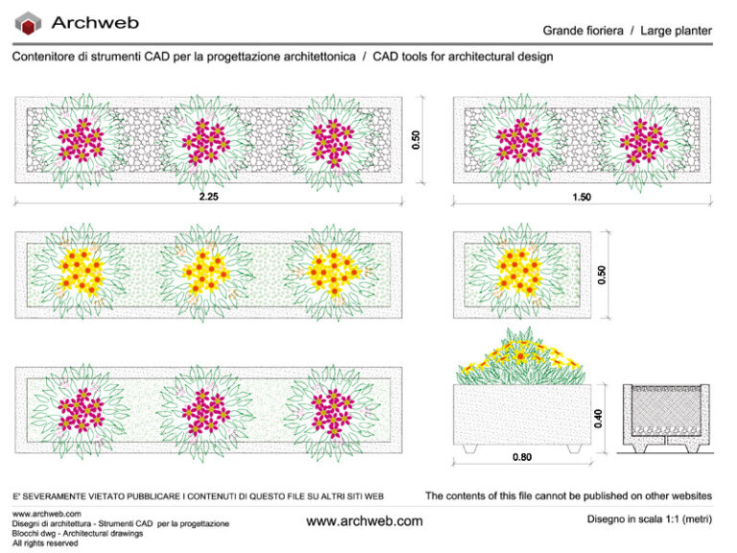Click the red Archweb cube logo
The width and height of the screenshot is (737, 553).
(30, 23)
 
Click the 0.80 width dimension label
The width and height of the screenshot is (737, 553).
(522, 457)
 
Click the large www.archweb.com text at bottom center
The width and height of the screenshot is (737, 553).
(364, 521)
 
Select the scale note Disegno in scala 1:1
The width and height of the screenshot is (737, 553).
(649, 519)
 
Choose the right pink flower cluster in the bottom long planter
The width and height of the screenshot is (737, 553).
(330, 407)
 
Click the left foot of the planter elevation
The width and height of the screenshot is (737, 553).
(469, 448)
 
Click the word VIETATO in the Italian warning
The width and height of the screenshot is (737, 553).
(108, 496)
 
